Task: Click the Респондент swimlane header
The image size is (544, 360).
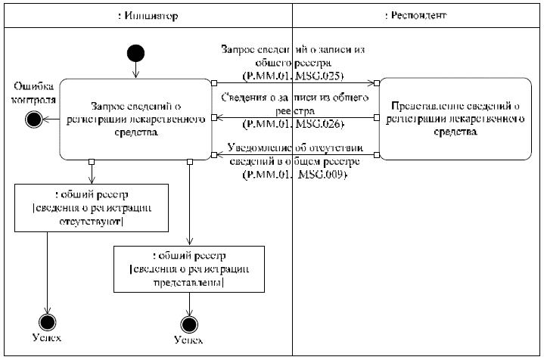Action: (416, 15)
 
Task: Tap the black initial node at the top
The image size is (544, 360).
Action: (136, 54)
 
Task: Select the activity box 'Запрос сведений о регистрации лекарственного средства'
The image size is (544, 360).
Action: (136, 119)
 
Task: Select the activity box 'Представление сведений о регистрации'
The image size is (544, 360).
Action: (451, 119)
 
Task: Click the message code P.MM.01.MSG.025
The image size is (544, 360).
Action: (293, 76)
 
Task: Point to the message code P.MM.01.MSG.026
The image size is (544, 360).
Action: (293, 123)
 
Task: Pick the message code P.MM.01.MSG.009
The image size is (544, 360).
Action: (293, 173)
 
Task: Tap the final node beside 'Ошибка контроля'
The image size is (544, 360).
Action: (33, 118)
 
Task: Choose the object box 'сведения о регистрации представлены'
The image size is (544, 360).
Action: (189, 268)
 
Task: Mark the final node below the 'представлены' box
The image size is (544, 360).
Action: (188, 324)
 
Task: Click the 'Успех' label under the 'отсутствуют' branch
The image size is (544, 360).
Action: (48, 338)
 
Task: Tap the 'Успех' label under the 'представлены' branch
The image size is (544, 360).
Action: (188, 340)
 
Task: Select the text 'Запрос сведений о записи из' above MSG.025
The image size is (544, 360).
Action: (293, 48)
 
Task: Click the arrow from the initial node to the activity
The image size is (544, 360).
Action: (136, 70)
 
